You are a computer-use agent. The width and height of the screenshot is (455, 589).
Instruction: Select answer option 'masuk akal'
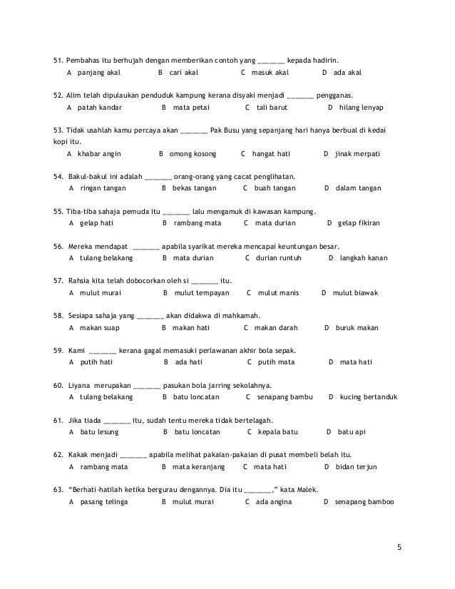(270, 73)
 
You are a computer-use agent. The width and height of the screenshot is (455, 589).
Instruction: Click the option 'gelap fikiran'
(358, 223)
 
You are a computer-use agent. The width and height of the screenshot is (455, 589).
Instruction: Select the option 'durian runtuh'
(279, 257)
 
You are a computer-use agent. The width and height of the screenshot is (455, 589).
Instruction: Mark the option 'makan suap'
(99, 327)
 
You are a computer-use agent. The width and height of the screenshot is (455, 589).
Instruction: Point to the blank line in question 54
(158, 176)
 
